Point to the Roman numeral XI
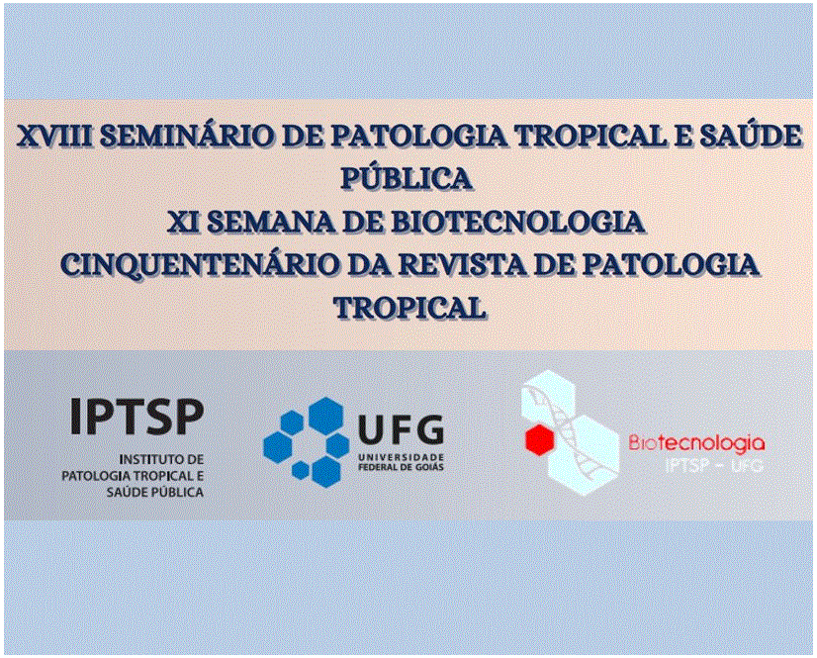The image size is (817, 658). pos(184,222)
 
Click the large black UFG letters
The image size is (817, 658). pos(401,430)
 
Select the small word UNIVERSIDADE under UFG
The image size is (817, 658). pos(401,456)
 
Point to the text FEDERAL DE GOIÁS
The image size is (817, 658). pos(401,467)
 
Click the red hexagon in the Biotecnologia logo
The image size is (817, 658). pos(539,439)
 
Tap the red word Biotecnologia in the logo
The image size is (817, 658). pos(696,442)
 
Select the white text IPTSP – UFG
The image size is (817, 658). pos(714,465)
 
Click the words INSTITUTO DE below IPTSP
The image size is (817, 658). pos(161,459)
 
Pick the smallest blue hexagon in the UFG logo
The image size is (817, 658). pos(301,470)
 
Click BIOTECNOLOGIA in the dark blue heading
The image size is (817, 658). pos(518,222)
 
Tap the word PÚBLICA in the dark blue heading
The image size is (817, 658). pos(407,178)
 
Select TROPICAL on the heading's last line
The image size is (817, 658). pos(410,308)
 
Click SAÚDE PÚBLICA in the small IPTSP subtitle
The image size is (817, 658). pos(154,492)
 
